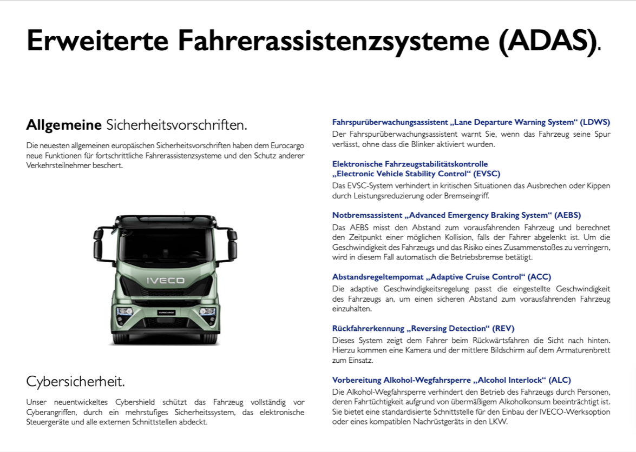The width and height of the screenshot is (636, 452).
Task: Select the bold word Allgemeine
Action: pos(64,125)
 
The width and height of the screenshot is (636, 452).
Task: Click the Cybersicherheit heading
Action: pos(75,381)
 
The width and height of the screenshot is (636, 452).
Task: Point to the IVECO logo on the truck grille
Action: pos(166,280)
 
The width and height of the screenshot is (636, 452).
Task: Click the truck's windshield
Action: pos(165,247)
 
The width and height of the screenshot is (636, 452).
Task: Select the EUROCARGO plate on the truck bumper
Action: pos(165,313)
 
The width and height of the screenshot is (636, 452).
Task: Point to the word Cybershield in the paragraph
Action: pos(126,402)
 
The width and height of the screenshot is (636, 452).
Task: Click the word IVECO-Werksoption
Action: pos(576,412)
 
